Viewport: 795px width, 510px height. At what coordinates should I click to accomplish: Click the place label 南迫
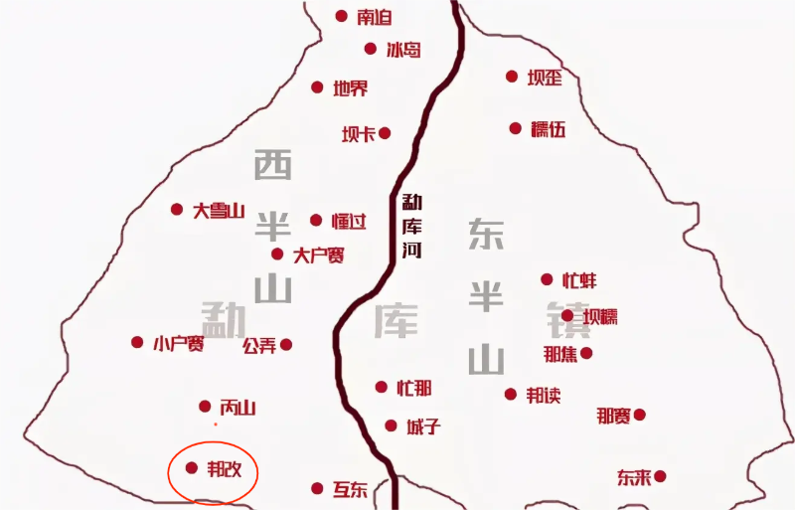[x=375, y=17]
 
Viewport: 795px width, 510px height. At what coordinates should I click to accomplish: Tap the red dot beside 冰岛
[x=371, y=49]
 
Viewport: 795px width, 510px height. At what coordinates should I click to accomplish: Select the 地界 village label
[x=350, y=87]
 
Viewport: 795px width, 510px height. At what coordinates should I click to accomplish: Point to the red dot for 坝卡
[x=385, y=133]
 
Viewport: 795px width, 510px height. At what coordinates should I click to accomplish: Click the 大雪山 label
[x=219, y=210]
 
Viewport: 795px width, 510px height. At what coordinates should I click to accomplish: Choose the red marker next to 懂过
[x=316, y=220]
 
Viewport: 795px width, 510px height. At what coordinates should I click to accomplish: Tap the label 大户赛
[x=319, y=255]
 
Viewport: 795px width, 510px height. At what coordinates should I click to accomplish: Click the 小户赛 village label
[x=179, y=343]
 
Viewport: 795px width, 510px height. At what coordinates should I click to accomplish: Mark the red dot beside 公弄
[x=286, y=345]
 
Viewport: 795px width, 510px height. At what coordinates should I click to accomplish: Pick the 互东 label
[x=350, y=489]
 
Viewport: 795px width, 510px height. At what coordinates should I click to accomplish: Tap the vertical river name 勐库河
[x=411, y=226]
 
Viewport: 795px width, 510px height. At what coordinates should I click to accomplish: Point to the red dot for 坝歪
[x=512, y=77]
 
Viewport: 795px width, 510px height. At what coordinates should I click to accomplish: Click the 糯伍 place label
[x=548, y=128]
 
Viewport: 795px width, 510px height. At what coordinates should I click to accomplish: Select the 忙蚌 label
[x=579, y=280]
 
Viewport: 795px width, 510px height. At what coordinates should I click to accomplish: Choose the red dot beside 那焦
[x=586, y=353]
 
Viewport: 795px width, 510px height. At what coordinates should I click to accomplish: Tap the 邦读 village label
[x=543, y=395]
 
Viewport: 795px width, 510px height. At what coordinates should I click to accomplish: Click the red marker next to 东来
[x=659, y=477]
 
